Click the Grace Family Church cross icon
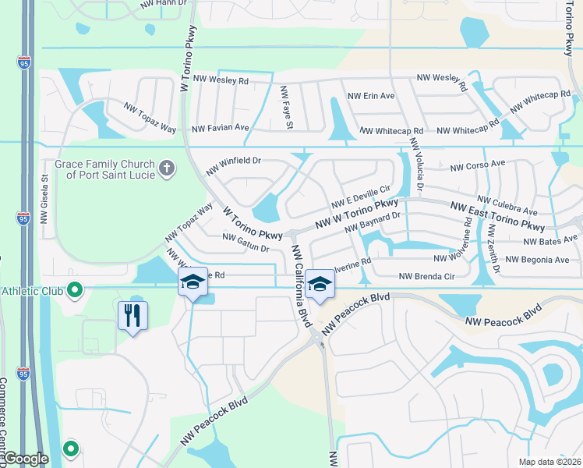tap(166, 168)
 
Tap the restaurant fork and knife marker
tap(132, 315)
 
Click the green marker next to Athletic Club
tap(75, 291)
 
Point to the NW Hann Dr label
tap(164, 4)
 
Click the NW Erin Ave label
tap(371, 96)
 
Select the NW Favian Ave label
tap(220, 127)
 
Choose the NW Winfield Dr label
tap(232, 166)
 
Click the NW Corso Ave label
tap(478, 165)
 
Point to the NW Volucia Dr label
tap(415, 167)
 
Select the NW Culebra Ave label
tap(507, 206)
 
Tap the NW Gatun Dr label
tap(246, 243)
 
